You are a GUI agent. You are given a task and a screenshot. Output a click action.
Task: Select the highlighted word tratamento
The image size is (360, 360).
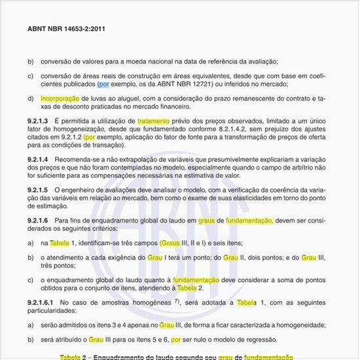(x=154, y=121)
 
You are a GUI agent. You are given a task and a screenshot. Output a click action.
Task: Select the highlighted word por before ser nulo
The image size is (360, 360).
(x=175, y=340)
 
